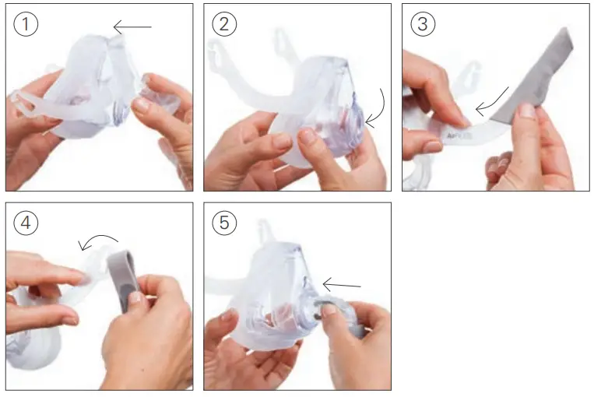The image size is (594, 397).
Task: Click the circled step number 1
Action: pos(26,24)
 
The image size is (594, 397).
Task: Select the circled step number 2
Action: pos(224,24)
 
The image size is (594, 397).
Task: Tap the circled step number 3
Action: pos(422,24)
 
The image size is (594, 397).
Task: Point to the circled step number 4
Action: pos(26,223)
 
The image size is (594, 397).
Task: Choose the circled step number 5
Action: pos(224,223)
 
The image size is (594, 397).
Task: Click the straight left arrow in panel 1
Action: pos(132,28)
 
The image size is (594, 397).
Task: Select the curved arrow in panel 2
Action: pos(377,109)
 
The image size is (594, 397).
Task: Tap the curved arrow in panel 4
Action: pos(100,241)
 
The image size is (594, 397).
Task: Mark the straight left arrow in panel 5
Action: pos(341,285)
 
